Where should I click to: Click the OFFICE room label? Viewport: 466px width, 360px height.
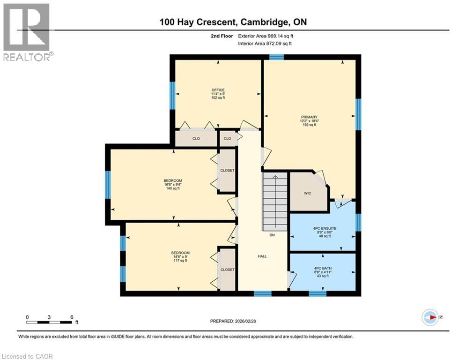pos(218,94)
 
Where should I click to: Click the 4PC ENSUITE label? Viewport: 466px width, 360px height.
pos(325,232)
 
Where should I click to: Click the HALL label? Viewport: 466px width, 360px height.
pos(262,256)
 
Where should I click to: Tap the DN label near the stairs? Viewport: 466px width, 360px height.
pos(272,235)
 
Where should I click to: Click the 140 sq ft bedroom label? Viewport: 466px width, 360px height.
pos(173,184)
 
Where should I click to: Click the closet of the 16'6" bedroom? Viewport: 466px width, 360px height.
pos(227,171)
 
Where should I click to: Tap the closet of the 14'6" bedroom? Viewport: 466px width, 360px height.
pos(227,270)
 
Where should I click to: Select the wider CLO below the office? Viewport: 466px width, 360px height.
pos(196,139)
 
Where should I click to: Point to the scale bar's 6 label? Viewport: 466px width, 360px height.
pos(72,317)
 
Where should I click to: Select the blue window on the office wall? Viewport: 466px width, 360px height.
pos(172,95)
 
